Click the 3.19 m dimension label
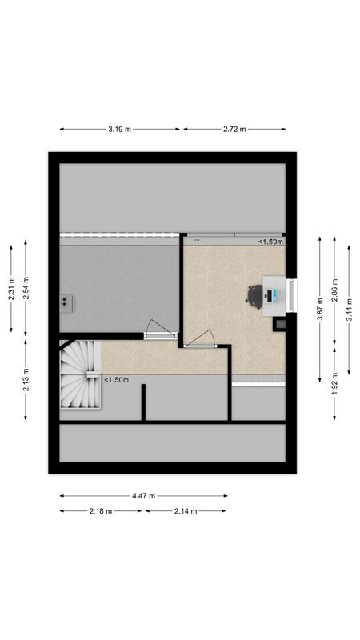pos(120,129)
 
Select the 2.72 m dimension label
pos(234,129)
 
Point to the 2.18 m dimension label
pos(100,511)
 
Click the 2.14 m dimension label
pos(186,511)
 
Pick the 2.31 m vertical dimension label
pos(11,288)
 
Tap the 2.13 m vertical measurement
pos(26,377)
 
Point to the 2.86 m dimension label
pos(335,289)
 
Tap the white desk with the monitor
pos(274,294)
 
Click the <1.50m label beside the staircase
pos(116,380)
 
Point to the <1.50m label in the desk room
pos(270,241)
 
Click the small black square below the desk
pos(280,324)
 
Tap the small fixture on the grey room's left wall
pos(66,302)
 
